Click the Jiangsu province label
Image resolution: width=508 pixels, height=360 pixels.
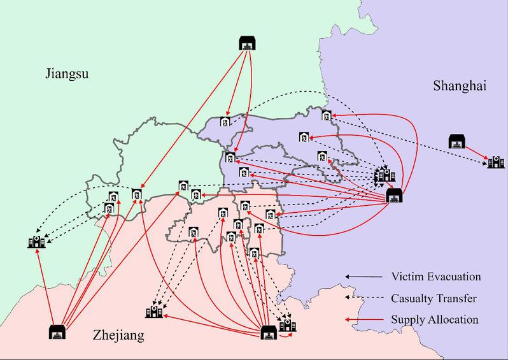66,74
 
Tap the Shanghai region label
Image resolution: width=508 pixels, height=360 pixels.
459,85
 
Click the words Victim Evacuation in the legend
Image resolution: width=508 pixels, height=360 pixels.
435,277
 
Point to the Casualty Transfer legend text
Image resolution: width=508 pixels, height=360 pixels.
434,298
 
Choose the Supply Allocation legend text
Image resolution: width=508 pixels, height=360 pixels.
435,319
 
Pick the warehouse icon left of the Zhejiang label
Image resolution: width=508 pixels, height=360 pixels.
58,332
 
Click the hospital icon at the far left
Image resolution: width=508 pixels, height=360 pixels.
36,241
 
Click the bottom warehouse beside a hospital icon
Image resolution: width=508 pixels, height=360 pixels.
270,332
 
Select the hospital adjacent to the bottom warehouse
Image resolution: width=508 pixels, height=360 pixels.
288,326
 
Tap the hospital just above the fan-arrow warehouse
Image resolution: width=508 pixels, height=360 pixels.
384,173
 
